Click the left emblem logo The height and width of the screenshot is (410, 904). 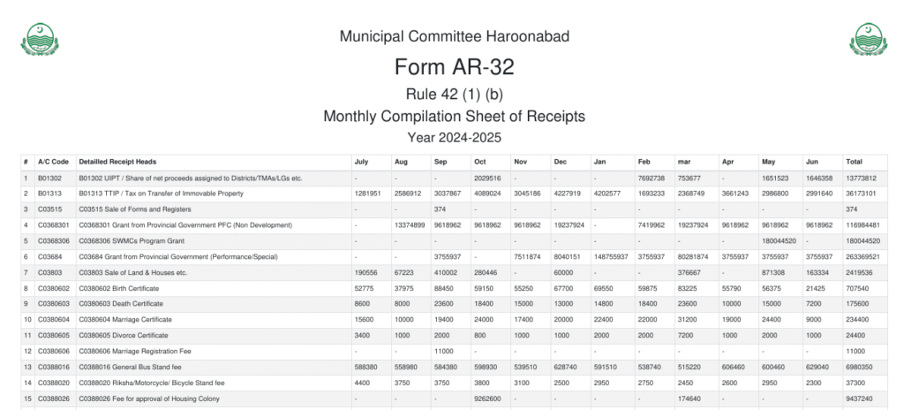[37, 39]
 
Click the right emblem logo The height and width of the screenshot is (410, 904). [868, 39]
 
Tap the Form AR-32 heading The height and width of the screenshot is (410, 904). [454, 67]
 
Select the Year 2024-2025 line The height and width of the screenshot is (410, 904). [454, 137]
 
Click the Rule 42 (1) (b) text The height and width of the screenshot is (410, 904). [454, 94]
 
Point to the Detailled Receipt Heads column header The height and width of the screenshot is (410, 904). [117, 162]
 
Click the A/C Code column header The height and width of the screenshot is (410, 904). [53, 162]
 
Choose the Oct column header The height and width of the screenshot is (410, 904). [480, 162]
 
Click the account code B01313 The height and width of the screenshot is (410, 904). [49, 194]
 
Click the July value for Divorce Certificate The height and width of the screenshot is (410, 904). [362, 336]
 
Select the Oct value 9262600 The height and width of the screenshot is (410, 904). [488, 399]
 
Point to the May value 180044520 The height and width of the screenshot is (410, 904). [779, 241]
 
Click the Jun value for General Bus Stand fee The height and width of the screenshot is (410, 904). [817, 368]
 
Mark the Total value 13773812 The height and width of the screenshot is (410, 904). [861, 178]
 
